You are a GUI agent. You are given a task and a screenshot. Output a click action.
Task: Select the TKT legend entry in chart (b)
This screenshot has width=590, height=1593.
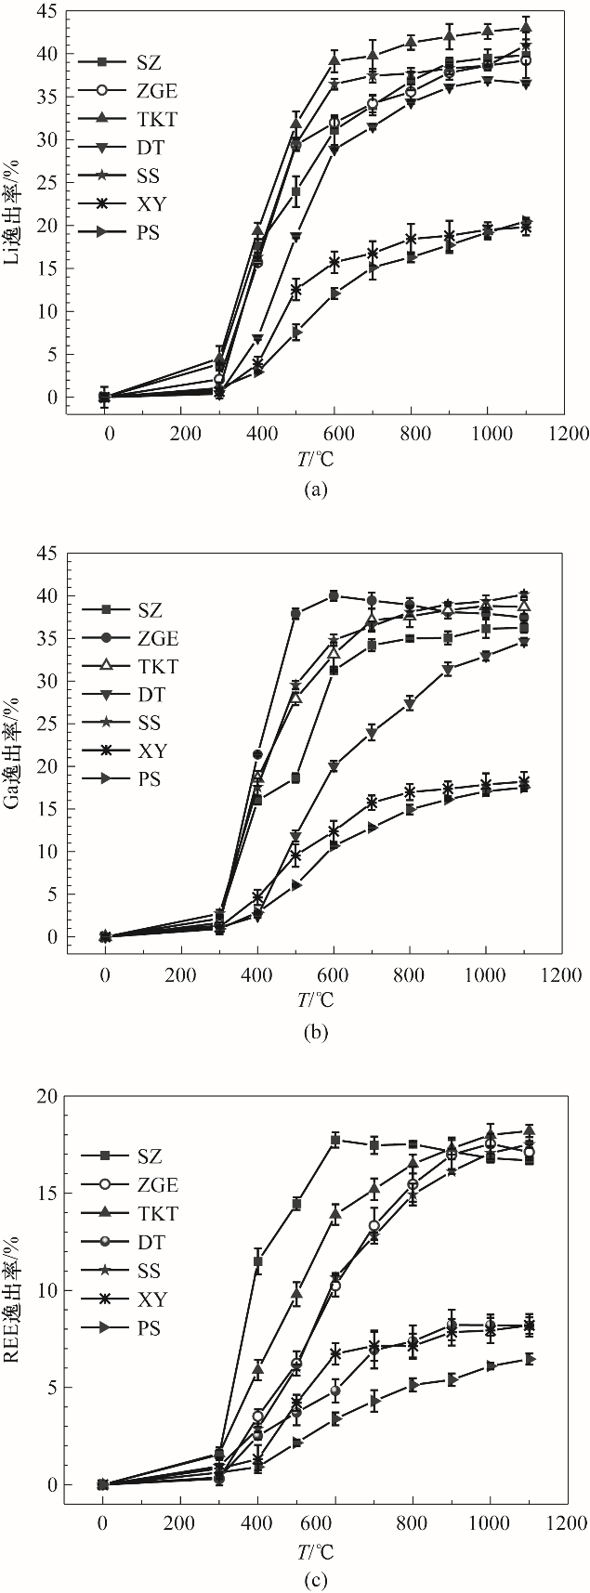pos(131,667)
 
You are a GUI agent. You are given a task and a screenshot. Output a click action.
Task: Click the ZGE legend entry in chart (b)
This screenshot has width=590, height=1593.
pos(131,638)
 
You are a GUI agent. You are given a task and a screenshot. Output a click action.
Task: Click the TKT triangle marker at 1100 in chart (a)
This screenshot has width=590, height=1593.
pos(526,28)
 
